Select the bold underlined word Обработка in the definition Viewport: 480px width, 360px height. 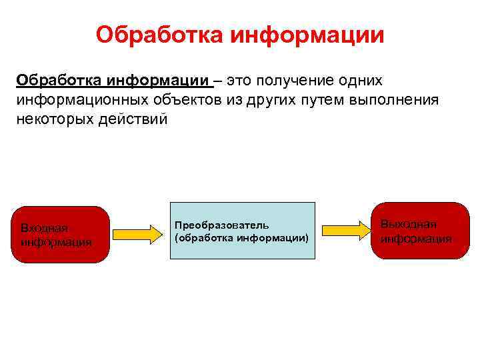(58, 81)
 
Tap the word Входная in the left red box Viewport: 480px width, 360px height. (44, 228)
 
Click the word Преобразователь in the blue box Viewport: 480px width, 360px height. (221, 226)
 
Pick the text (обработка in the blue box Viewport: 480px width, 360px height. (201, 237)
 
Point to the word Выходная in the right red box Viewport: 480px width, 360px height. (408, 225)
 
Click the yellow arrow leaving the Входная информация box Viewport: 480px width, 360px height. (137, 234)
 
